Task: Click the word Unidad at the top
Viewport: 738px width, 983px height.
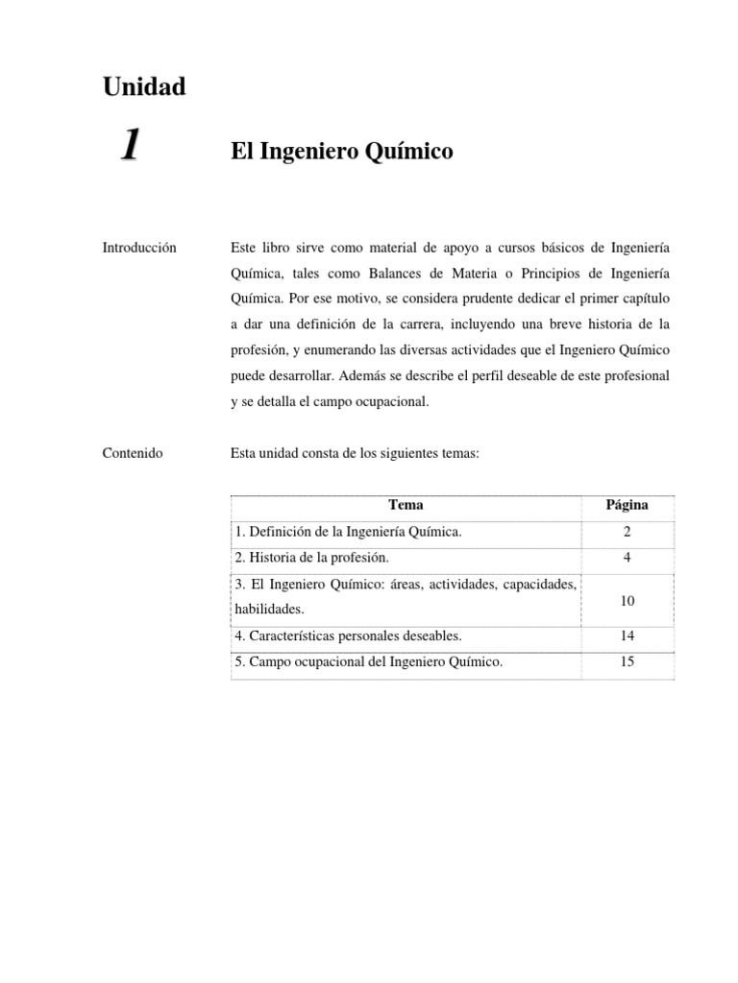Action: click(143, 87)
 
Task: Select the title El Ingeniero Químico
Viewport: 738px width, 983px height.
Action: click(341, 152)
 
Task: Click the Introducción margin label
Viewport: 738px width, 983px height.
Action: click(139, 248)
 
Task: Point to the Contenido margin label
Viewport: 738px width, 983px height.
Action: click(132, 453)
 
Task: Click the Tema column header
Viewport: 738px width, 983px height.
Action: click(406, 505)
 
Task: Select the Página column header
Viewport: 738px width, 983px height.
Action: click(627, 505)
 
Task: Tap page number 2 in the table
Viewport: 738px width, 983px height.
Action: click(627, 531)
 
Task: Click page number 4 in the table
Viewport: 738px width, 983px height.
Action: click(627, 557)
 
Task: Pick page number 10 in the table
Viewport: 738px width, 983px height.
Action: click(627, 600)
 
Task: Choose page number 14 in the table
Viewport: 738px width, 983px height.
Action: click(627, 635)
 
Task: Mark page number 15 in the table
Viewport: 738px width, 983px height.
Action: click(627, 661)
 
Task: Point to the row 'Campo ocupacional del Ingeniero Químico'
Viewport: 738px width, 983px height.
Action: click(368, 661)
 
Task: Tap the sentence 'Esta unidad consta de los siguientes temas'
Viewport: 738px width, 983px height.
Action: click(354, 453)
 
